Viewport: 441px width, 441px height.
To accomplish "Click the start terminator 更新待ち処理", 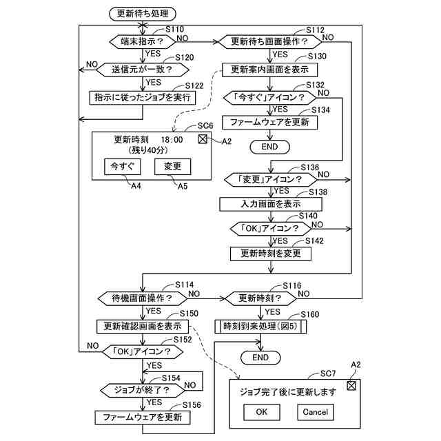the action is click(143, 14).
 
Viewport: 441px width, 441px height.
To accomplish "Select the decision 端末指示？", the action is click(143, 41).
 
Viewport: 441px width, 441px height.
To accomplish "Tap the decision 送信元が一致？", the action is click(143, 70).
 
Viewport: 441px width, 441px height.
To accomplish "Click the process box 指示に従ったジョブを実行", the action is click(143, 98).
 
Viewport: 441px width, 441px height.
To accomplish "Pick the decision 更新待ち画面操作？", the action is click(269, 41).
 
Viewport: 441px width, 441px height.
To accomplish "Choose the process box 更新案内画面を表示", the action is click(269, 70).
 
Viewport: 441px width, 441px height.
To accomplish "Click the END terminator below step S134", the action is click(269, 147).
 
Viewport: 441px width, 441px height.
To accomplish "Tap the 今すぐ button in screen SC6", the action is click(123, 167).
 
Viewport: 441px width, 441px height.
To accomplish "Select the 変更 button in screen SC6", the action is click(173, 167).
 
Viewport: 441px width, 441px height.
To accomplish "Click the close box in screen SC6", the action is click(203, 139).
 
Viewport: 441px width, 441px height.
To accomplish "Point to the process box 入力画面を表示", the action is click(271, 204).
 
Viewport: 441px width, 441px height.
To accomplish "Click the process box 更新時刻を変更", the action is click(271, 254).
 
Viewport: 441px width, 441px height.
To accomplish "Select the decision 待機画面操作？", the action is click(143, 298).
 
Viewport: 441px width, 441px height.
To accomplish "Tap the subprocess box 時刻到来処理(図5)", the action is click(260, 327).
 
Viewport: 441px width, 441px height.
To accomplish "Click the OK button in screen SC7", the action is click(262, 412).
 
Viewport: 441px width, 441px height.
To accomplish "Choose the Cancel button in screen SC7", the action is click(316, 412).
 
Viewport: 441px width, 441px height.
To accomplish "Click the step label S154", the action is click(171, 378).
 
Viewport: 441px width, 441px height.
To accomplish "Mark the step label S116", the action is click(292, 286).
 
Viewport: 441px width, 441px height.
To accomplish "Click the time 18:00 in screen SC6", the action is click(172, 139).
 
